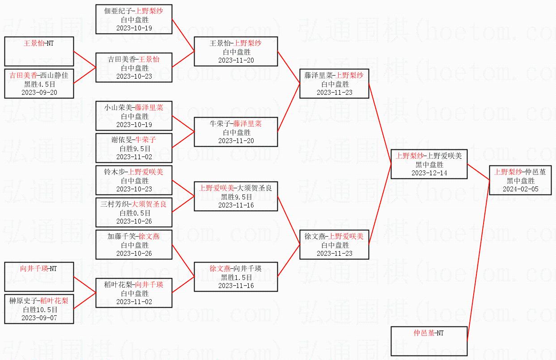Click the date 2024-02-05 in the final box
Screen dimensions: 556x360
521,189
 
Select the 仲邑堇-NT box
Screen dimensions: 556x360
429,341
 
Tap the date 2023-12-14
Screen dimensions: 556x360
429,173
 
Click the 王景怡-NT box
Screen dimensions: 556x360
39,51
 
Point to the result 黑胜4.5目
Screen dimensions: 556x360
39,84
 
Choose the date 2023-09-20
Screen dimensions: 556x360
39,93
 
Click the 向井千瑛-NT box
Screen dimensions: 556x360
39,277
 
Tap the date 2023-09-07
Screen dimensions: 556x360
39,318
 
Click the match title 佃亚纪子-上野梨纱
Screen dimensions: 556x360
134,11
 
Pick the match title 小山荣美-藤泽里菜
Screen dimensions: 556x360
134,108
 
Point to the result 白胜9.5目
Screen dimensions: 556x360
134,148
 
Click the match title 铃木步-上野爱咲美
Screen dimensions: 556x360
134,172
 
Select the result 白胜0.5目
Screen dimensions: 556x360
134,213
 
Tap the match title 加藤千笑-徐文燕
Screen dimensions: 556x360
134,237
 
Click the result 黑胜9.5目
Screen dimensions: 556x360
236,197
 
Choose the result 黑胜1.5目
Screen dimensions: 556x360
236,277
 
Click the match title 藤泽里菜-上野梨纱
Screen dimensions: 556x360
334,76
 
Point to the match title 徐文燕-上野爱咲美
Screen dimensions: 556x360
334,237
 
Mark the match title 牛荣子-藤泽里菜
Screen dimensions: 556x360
236,124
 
